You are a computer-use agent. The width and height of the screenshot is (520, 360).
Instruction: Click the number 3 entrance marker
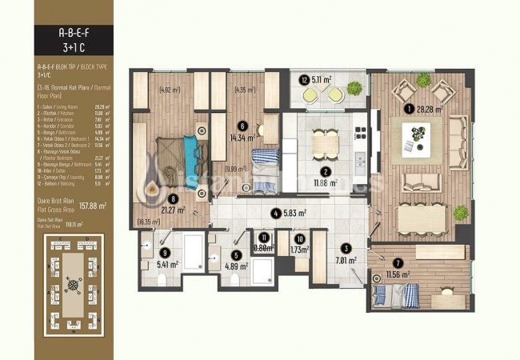(346, 248)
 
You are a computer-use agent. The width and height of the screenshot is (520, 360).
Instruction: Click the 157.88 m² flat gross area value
(93, 205)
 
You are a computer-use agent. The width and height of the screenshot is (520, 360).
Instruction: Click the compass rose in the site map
(74, 283)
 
